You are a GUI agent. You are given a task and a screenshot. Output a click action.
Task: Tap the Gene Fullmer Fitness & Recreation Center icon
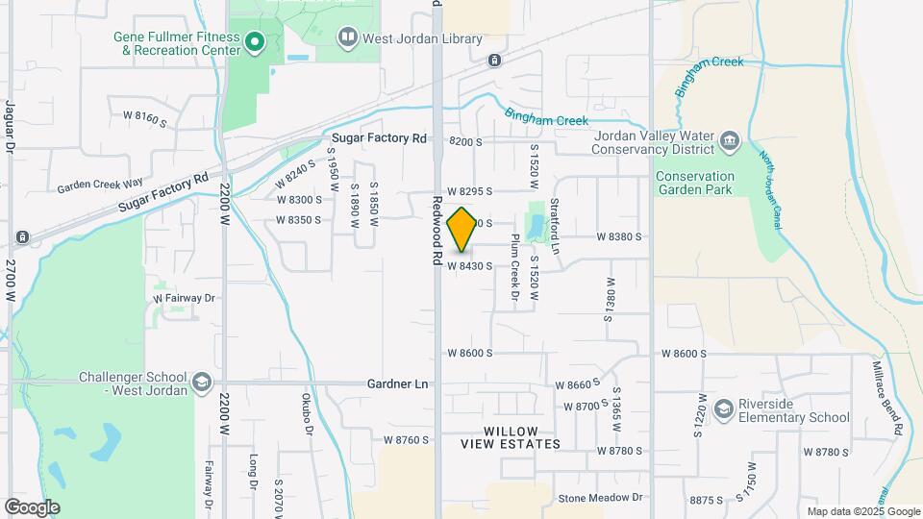(x=255, y=40)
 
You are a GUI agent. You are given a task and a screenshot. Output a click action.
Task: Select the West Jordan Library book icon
(x=347, y=37)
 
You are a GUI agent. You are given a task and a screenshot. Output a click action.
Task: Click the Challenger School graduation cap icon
(x=202, y=383)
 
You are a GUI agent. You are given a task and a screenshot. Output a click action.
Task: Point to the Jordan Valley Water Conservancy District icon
(x=730, y=142)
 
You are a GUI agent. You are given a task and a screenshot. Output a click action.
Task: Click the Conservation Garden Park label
(x=707, y=183)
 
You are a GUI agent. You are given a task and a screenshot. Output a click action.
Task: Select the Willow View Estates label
(x=510, y=437)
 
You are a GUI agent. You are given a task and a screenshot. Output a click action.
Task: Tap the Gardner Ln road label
(x=397, y=383)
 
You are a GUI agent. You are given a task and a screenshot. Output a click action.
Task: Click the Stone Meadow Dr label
(x=600, y=498)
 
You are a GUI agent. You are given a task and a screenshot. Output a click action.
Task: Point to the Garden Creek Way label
(x=99, y=184)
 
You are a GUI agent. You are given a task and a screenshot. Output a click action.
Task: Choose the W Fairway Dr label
(x=185, y=298)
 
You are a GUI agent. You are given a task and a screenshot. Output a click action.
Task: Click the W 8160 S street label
(x=144, y=116)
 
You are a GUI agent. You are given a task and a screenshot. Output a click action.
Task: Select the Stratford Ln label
(x=555, y=227)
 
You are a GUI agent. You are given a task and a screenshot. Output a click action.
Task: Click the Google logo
(x=31, y=507)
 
